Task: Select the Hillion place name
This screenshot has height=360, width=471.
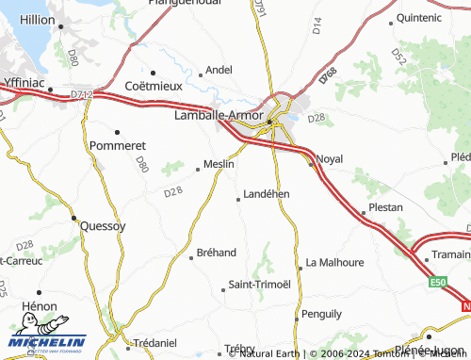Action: coord(38,19)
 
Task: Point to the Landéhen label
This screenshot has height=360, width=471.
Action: coord(266,193)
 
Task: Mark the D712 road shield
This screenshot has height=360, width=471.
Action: coord(82,93)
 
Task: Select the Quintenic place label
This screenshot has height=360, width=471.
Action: coord(419,18)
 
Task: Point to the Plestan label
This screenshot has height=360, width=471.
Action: coord(386,207)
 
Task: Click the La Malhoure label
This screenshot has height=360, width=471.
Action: coord(334,262)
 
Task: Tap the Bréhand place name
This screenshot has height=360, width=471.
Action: coord(217,253)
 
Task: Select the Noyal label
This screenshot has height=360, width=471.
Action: coord(331,158)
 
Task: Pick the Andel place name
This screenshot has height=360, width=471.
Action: coord(219,70)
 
